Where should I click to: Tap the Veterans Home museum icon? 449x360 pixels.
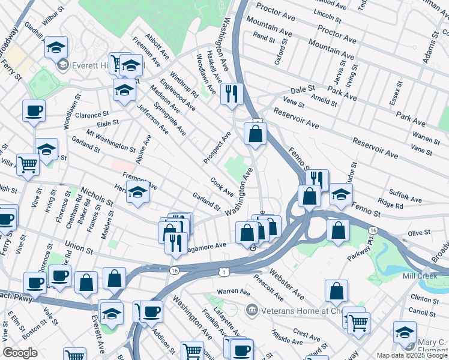[x=251, y=310]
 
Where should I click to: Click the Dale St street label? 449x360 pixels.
[x=303, y=88]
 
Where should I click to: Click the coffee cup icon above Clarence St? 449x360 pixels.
[x=34, y=110]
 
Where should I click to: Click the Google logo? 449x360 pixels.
[x=20, y=353]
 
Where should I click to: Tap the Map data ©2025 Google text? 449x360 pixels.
[x=412, y=355]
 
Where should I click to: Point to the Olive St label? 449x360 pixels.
[x=420, y=232]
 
